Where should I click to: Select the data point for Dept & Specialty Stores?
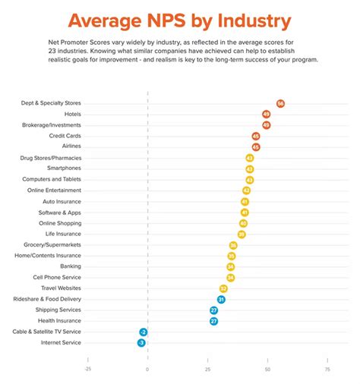tap(280, 103)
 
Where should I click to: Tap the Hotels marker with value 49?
tap(266, 114)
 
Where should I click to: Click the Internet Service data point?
tap(141, 343)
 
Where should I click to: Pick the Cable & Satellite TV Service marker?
tap(143, 332)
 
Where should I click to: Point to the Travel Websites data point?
tap(223, 288)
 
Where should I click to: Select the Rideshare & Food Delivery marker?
tap(221, 300)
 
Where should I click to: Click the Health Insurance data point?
tap(214, 321)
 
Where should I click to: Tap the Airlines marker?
tap(256, 146)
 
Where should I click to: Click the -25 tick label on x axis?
tap(87, 369)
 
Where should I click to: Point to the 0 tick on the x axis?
tap(147, 369)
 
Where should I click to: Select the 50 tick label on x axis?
tap(267, 369)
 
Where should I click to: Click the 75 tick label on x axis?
tap(327, 369)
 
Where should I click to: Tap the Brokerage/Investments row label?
tap(54, 124)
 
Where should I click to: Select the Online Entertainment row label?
tap(54, 190)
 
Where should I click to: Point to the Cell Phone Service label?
tap(58, 278)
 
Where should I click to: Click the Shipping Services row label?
tap(58, 310)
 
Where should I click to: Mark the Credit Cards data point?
tap(256, 136)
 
